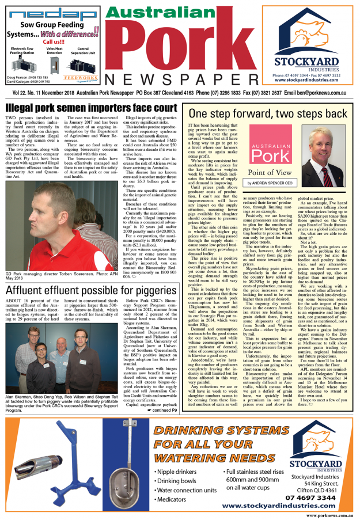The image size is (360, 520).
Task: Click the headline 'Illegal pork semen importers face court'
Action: [x=90, y=108]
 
